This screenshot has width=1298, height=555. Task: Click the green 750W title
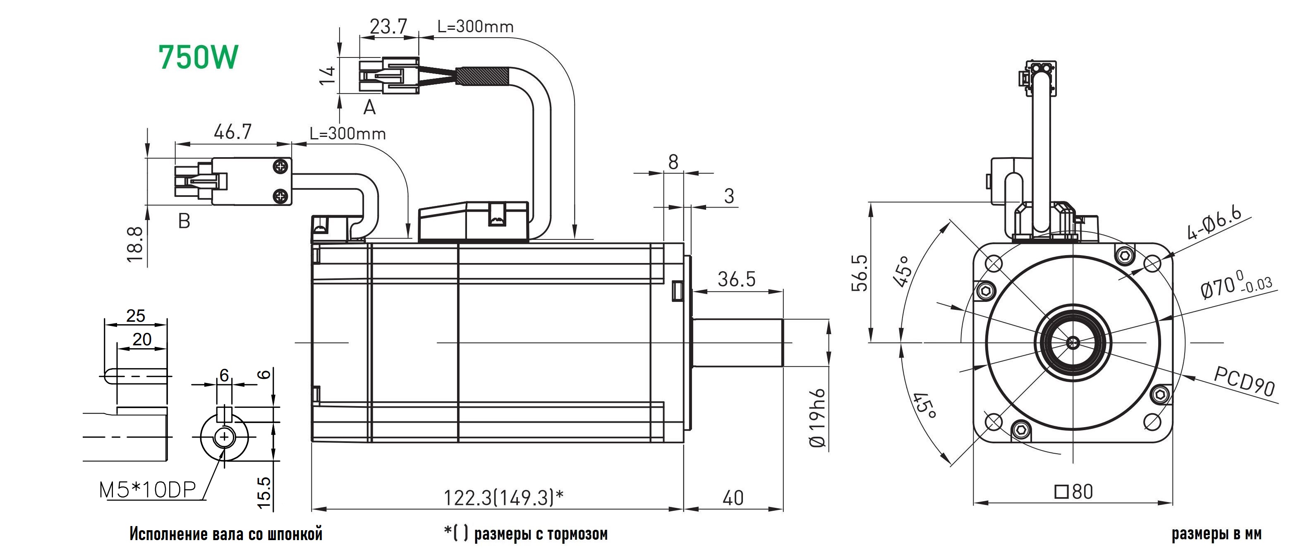(198, 57)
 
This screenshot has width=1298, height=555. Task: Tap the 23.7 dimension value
(388, 26)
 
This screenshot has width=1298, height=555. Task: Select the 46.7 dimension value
(232, 132)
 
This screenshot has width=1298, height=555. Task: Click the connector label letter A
(369, 107)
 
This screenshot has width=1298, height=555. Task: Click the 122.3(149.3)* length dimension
(503, 498)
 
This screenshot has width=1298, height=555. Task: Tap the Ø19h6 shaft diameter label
(817, 418)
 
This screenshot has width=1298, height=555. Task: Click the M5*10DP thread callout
(147, 490)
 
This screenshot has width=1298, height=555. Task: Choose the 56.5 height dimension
(860, 273)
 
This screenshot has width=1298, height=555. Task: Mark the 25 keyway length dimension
(136, 316)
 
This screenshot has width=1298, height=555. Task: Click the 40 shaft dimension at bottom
(733, 498)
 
